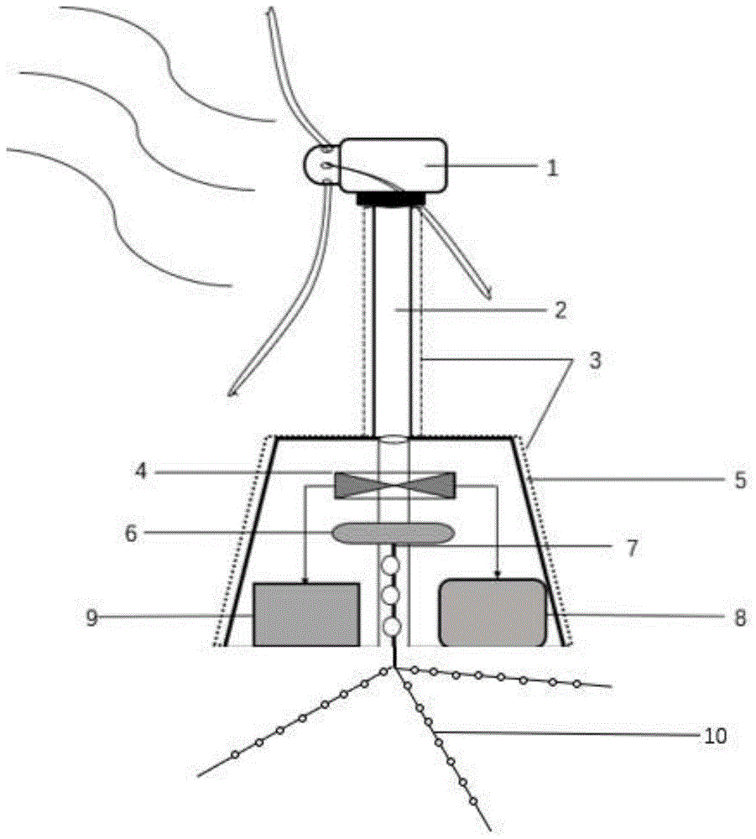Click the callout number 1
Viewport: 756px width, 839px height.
click(x=552, y=168)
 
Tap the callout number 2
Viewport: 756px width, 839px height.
click(x=560, y=310)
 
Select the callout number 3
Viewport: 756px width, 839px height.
click(x=595, y=360)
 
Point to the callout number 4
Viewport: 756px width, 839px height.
click(x=141, y=472)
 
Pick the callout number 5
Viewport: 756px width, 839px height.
click(x=740, y=479)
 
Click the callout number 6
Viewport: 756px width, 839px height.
click(x=131, y=534)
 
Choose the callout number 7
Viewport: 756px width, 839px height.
click(x=632, y=548)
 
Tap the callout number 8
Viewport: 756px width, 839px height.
click(x=740, y=618)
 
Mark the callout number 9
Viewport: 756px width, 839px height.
click(x=92, y=618)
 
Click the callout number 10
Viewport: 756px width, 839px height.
click(x=716, y=736)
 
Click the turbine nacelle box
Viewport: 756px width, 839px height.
click(x=393, y=165)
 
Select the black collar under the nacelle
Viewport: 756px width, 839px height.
click(x=390, y=200)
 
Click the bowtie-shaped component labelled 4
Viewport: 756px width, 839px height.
click(x=394, y=485)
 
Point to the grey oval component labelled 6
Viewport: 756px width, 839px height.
click(x=394, y=534)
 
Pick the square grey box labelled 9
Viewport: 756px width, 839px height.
click(x=306, y=615)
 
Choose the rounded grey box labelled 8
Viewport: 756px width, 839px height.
click(x=493, y=613)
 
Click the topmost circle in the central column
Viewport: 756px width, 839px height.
click(x=391, y=565)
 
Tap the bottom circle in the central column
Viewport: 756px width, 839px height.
click(x=391, y=626)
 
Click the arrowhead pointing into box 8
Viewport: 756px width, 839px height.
click(x=498, y=576)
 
